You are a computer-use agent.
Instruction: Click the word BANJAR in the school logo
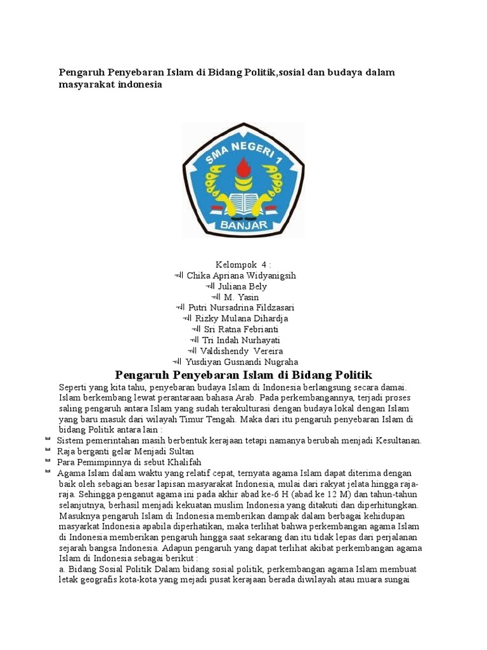[242, 225]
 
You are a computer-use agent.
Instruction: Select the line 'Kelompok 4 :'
[243, 264]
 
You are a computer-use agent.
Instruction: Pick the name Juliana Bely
[242, 286]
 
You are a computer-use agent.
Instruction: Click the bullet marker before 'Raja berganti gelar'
[48, 450]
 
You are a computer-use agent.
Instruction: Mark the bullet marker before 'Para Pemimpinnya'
[48, 461]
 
